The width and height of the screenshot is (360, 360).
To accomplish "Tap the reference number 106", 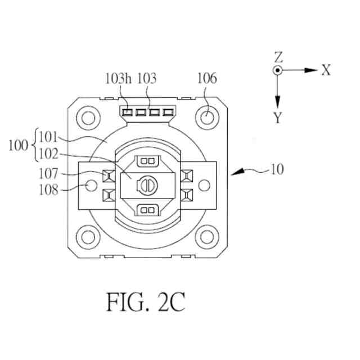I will tap(206, 78).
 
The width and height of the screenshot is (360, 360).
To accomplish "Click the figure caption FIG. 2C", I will tap(145, 303).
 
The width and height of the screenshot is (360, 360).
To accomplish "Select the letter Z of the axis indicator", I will tap(278, 57).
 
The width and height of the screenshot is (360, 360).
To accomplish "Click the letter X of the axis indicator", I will tap(326, 70).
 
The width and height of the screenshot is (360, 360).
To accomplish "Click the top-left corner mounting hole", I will tap(88, 118).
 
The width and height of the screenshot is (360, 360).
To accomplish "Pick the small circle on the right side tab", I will tap(205, 184).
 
